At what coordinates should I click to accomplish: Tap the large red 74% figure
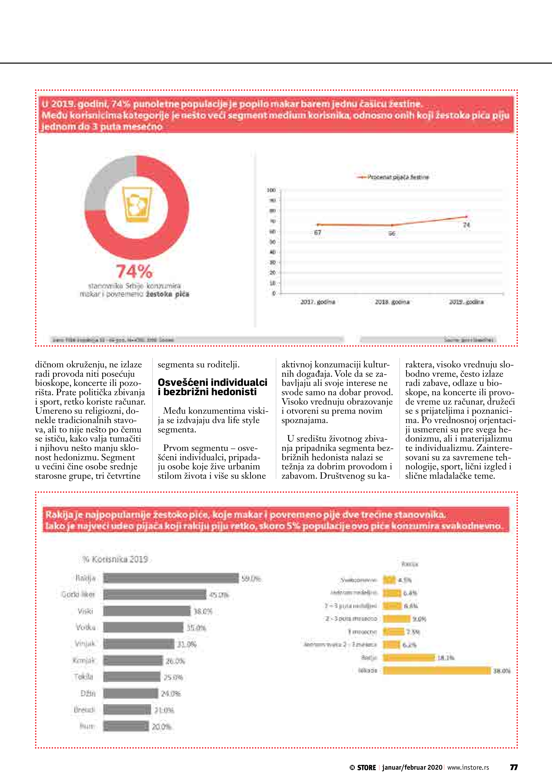[x=134, y=271]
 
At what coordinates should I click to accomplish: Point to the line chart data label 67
[x=318, y=233]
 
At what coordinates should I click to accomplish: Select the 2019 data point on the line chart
[x=466, y=217]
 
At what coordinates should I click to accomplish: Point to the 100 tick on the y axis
[x=271, y=190]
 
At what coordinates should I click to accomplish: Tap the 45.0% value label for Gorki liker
[x=219, y=595]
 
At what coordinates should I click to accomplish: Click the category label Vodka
[x=86, y=627]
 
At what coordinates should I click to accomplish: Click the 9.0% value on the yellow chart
[x=419, y=619]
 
